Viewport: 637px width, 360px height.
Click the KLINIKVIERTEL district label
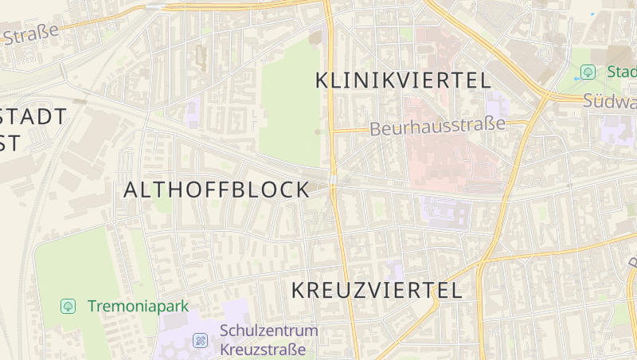pos(403,80)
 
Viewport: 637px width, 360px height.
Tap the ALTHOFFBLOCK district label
pos(217,190)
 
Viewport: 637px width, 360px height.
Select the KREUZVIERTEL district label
pos(377,290)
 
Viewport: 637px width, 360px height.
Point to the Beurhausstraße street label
pos(438,127)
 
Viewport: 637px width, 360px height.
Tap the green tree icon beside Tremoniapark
pos(68,306)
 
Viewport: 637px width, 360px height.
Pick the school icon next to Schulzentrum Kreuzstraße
pos(200,341)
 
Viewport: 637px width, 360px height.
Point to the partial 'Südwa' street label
pos(610,101)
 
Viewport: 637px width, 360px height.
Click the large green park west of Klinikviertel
pos(291,104)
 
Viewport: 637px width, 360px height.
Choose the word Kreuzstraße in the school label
pos(263,349)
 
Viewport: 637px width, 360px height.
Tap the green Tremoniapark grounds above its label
pos(80,263)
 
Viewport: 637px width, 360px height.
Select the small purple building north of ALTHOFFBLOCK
pos(193,112)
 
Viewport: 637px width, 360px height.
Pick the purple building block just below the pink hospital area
pos(446,211)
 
